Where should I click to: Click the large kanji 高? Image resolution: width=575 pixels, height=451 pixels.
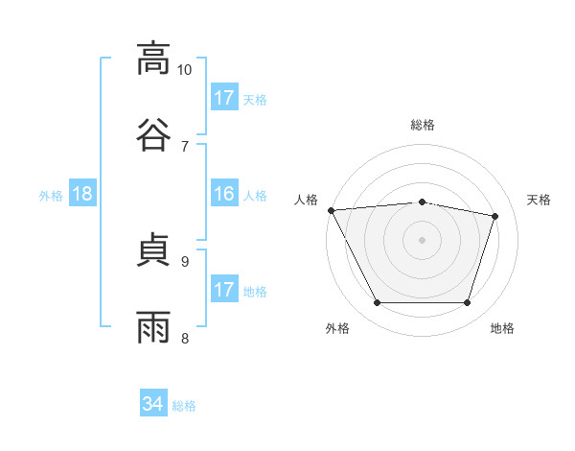click(153, 59)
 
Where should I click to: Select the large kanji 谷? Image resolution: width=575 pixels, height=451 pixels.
click(153, 134)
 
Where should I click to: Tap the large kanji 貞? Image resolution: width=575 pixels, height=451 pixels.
click(153, 249)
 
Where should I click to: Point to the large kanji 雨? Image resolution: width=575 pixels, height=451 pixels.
click(153, 327)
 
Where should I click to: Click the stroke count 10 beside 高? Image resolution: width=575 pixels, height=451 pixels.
click(184, 70)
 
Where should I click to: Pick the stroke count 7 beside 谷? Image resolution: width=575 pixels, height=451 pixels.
click(185, 147)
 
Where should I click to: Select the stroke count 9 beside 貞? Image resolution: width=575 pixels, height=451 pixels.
click(185, 262)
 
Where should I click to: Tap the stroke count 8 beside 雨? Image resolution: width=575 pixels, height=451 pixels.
click(185, 338)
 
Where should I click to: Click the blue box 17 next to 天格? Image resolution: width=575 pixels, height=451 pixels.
click(224, 97)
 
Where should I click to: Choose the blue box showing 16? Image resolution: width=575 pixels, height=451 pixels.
click(224, 193)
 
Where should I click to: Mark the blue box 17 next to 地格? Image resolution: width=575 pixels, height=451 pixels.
click(224, 288)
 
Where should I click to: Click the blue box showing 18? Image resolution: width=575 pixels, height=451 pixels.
click(82, 193)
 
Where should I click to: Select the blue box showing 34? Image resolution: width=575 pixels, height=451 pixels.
click(153, 402)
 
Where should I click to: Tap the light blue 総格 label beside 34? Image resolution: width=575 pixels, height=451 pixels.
click(184, 406)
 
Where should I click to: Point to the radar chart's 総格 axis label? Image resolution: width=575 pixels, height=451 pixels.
click(423, 125)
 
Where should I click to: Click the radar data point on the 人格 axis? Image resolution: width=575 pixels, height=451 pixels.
click(332, 210)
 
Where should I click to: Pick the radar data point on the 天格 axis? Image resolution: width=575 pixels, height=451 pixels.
click(494, 216)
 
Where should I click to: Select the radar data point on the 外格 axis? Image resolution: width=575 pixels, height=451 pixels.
click(378, 302)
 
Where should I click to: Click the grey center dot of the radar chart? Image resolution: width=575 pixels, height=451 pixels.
click(422, 240)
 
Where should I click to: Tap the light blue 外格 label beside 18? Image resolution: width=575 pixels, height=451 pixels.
click(51, 196)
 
